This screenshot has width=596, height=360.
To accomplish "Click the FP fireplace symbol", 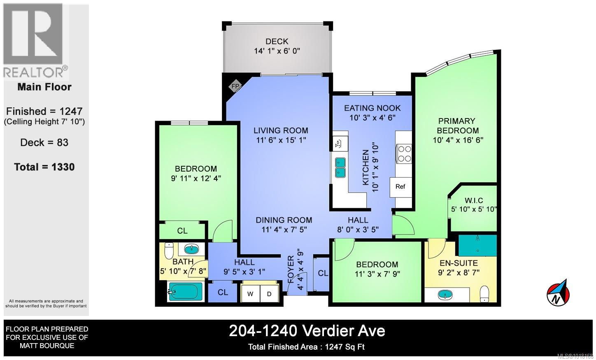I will pyautogui.click(x=235, y=86).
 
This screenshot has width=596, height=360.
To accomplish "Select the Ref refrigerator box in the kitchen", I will pyautogui.click(x=400, y=186).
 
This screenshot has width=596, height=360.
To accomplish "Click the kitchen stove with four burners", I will pyautogui.click(x=403, y=153).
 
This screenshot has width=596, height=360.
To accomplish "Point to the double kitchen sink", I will pyautogui.click(x=340, y=167).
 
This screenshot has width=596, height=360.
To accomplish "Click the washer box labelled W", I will pyautogui.click(x=250, y=294).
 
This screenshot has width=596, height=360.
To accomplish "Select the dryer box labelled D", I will pyautogui.click(x=269, y=294).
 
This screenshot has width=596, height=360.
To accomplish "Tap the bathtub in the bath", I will pyautogui.click(x=185, y=292).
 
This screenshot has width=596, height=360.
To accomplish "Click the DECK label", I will pyautogui.click(x=277, y=41).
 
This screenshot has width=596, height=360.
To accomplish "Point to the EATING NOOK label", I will pyautogui.click(x=372, y=108).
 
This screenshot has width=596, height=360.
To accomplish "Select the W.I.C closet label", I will pyautogui.click(x=474, y=200).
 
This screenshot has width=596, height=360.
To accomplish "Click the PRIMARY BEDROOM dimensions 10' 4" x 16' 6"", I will pyautogui.click(x=458, y=140).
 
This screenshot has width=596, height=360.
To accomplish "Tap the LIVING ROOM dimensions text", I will pyautogui.click(x=281, y=140).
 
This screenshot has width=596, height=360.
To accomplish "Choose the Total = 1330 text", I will pyautogui.click(x=44, y=167).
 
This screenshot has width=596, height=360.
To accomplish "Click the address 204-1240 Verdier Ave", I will pyautogui.click(x=307, y=331).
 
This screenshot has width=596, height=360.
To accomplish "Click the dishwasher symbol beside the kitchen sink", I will pyautogui.click(x=339, y=144).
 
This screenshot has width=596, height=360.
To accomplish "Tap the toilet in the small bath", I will pyautogui.click(x=169, y=250).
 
